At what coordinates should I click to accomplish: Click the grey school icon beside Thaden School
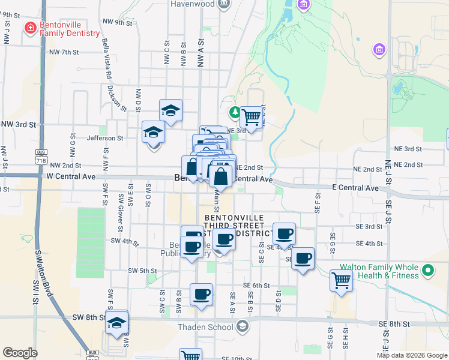click(242, 326)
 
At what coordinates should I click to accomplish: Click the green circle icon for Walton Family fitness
click(428, 271)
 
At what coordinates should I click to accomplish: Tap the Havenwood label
click(191, 4)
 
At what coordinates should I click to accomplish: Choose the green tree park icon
click(236, 112)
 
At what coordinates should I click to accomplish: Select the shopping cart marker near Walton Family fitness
click(342, 280)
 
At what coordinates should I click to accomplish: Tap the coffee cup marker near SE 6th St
click(202, 294)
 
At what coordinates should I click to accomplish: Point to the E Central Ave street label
click(355, 188)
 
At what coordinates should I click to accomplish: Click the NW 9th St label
click(116, 23)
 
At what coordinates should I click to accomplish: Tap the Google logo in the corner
click(20, 353)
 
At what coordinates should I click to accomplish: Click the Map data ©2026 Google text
click(412, 355)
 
